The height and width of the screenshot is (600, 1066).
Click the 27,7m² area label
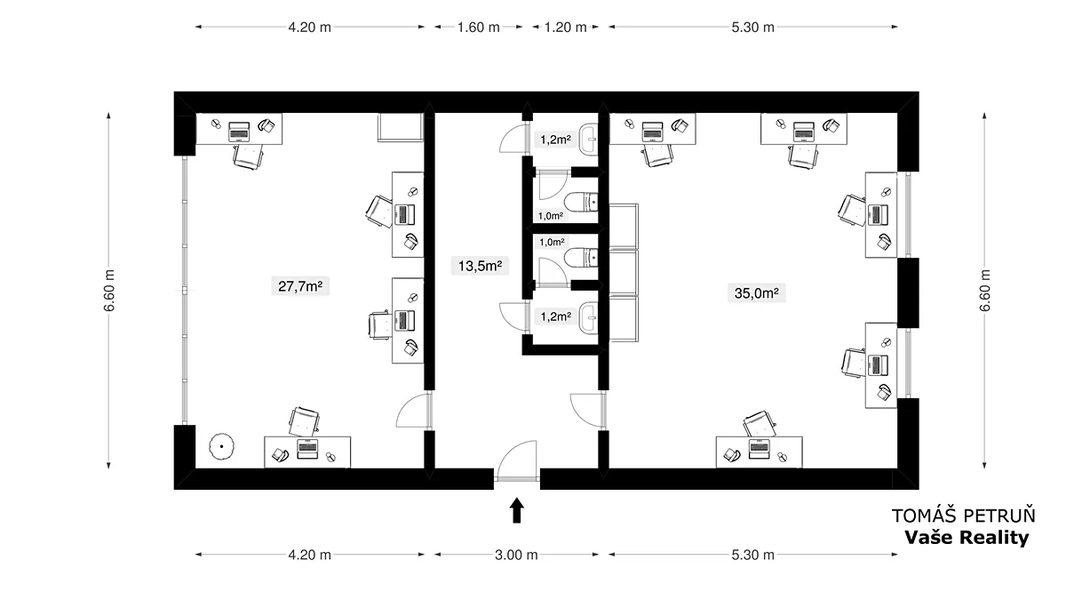300,286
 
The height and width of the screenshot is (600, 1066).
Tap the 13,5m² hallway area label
480,266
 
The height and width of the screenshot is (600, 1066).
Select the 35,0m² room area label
756,292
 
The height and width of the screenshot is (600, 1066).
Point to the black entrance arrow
517,510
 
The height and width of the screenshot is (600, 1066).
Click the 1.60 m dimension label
479,28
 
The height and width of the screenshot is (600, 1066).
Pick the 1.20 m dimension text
565,28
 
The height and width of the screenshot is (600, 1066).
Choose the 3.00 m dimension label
516,555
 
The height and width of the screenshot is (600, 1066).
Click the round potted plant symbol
222,446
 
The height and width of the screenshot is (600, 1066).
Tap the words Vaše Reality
967,538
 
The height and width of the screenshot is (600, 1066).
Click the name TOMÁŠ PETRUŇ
964,516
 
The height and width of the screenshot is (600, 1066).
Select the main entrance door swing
517,460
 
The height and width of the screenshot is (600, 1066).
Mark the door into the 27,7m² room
414,411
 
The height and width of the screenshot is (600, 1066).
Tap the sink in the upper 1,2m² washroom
589,139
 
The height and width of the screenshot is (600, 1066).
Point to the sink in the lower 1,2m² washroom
589,316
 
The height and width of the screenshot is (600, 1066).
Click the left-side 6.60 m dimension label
109,291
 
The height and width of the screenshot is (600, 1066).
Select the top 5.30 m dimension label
753,28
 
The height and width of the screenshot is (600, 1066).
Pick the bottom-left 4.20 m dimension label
309,555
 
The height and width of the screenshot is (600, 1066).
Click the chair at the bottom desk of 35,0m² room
760,423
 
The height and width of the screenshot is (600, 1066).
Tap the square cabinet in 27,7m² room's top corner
401,127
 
